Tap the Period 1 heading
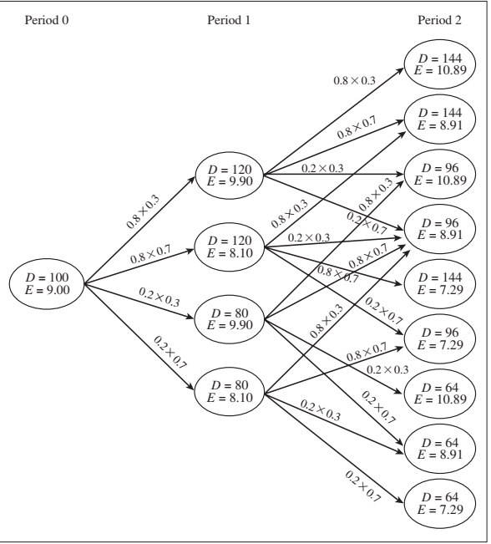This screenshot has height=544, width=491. [227, 20]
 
